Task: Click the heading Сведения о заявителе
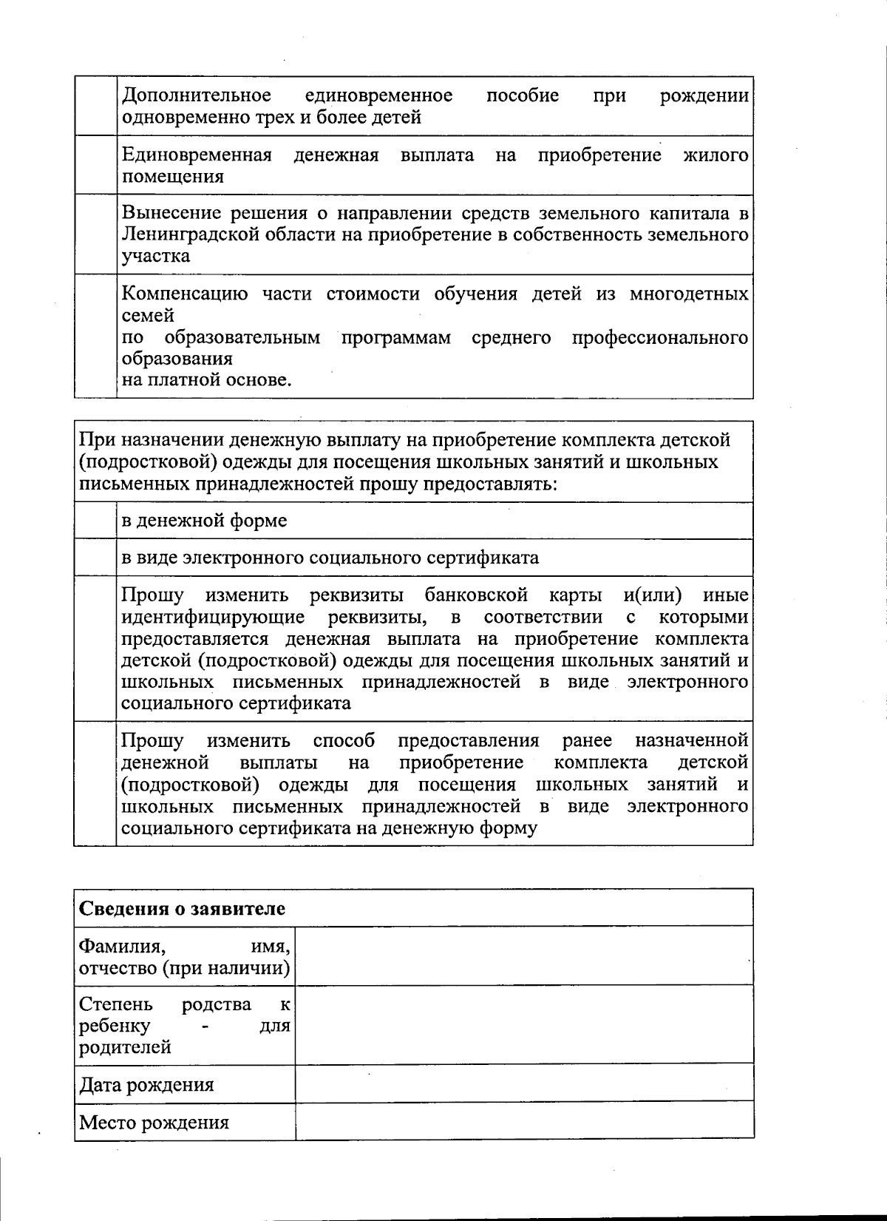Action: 182,908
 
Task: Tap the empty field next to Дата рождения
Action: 524,1083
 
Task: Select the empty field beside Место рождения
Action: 524,1121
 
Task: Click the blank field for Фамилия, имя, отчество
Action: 524,955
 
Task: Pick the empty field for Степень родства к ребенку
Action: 524,1024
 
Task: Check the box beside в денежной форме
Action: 95,521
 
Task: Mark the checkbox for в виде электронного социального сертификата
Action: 95,558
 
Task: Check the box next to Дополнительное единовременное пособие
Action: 95,106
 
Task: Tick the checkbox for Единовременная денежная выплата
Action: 95,165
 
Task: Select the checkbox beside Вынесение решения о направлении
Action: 95,234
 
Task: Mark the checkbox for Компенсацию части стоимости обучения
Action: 95,336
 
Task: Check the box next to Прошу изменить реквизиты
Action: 95,649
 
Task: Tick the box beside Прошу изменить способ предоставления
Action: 95,783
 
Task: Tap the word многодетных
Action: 689,294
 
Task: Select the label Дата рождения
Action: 146,1085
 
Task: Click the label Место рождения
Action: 154,1123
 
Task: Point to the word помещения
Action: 172,177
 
